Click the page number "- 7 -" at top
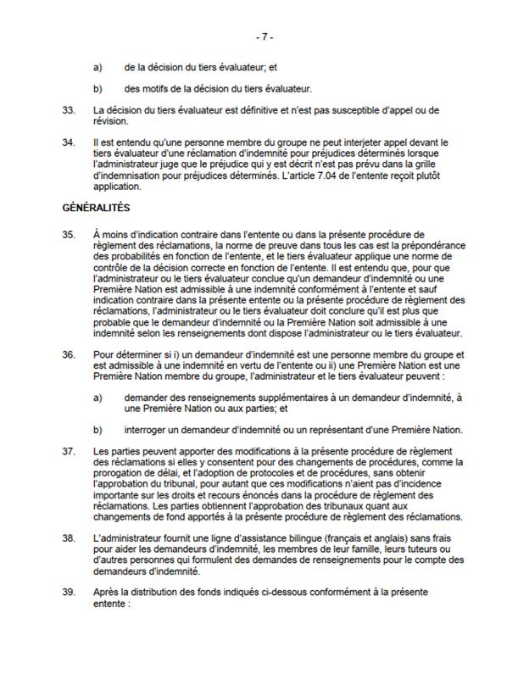(x=264, y=38)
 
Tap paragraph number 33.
(x=69, y=111)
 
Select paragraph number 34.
(x=69, y=143)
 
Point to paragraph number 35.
(x=69, y=232)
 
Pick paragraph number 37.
(x=69, y=449)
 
